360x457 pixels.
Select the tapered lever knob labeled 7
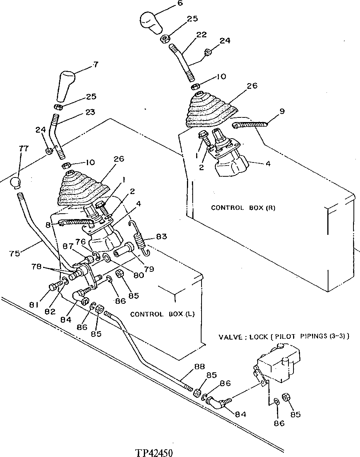click(65, 85)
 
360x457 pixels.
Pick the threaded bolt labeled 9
click(250, 124)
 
